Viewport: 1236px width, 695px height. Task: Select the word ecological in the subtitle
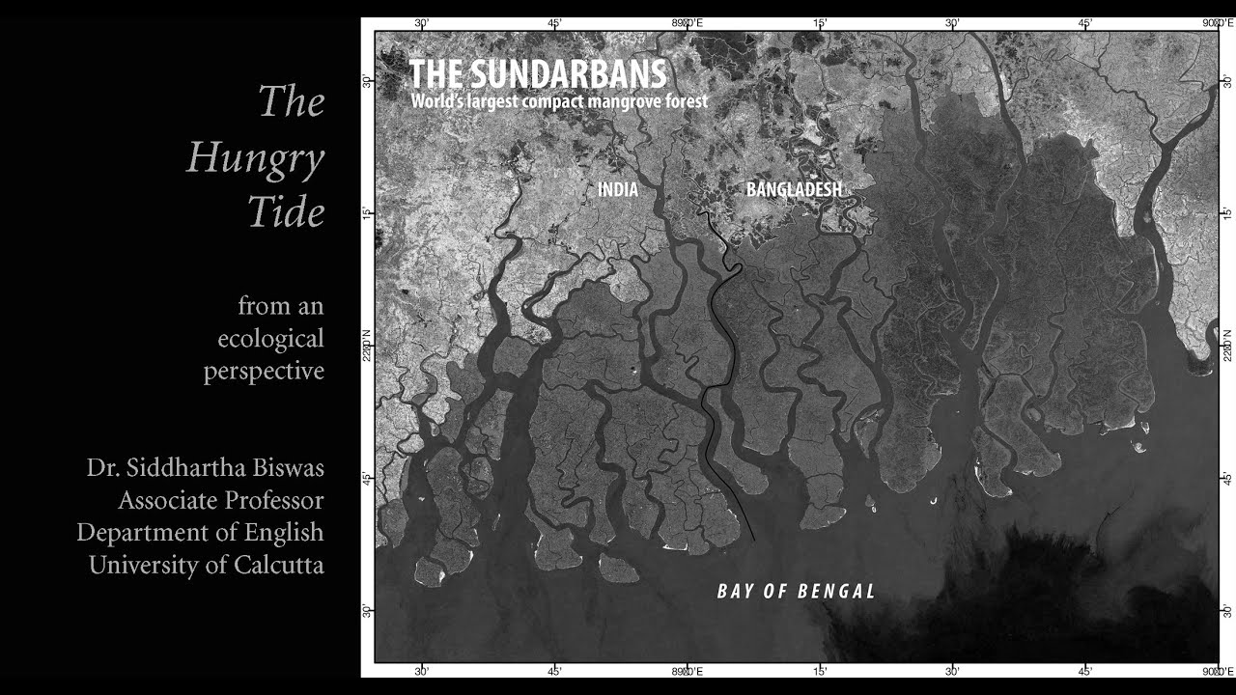pos(270,339)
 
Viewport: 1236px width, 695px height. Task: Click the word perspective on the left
pos(264,372)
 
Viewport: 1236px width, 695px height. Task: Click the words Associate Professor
pos(220,500)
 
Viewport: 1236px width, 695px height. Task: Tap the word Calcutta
pos(278,565)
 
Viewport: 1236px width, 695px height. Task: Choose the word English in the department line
pos(283,532)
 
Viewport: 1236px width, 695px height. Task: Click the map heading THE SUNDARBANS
pos(537,74)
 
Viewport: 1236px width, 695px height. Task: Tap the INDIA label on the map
pos(618,190)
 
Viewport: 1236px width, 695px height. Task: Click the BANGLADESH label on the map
pos(794,190)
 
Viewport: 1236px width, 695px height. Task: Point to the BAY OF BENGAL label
pos(796,592)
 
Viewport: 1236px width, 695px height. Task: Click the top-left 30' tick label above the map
pos(422,23)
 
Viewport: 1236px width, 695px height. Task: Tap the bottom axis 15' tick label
pos(820,670)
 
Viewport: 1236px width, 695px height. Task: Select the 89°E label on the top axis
pos(688,23)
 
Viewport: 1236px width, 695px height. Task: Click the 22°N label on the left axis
pos(367,346)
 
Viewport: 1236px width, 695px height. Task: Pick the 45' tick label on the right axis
pos(1226,478)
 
